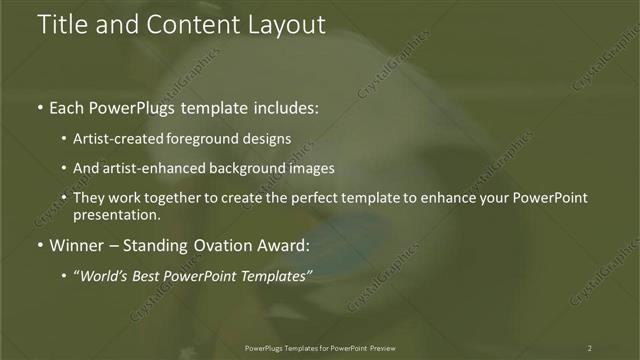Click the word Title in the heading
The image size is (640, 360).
(61, 25)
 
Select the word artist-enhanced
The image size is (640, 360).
(160, 169)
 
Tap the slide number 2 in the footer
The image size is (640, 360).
(589, 348)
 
